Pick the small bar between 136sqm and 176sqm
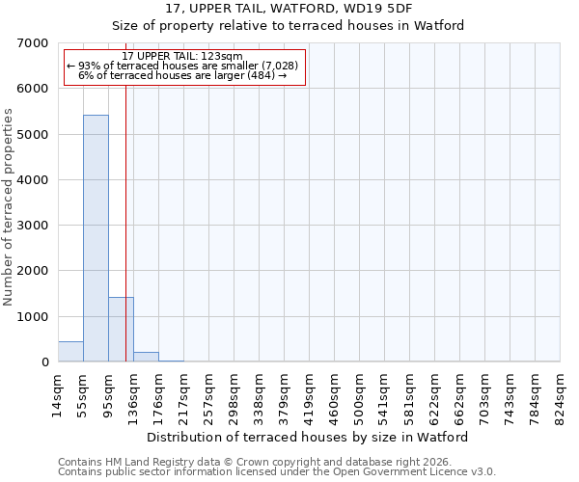pyautogui.click(x=146, y=357)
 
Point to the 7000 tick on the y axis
pyautogui.click(x=35, y=43)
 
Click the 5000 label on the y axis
pyautogui.click(x=35, y=135)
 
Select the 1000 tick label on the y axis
pyautogui.click(x=35, y=317)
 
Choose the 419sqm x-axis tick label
pyautogui.click(x=309, y=396)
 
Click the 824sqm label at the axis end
pyautogui.click(x=560, y=396)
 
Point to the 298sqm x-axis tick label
pyautogui.click(x=234, y=396)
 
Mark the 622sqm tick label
pyautogui.click(x=434, y=396)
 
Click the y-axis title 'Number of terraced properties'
pyautogui.click(x=9, y=207)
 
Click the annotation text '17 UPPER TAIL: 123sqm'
pyautogui.click(x=182, y=57)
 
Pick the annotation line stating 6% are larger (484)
pyautogui.click(x=182, y=75)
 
